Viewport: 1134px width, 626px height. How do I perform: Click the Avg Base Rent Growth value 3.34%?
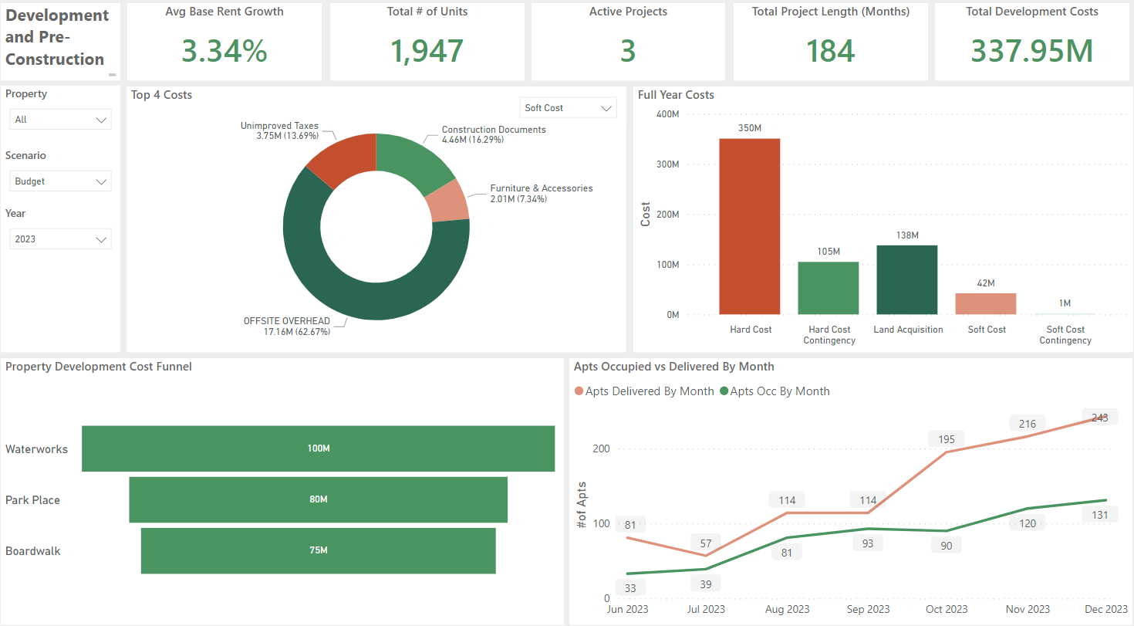click(224, 51)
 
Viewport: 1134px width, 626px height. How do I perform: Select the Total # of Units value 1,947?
click(427, 51)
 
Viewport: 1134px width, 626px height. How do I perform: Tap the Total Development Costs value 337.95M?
click(1031, 51)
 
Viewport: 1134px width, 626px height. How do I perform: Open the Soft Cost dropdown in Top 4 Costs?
click(569, 108)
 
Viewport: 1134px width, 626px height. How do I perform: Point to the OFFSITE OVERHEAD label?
click(287, 321)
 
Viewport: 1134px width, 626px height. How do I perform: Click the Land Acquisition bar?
click(906, 279)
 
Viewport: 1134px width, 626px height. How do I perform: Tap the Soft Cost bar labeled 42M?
click(985, 303)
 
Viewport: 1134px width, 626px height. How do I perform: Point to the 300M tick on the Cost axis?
click(668, 164)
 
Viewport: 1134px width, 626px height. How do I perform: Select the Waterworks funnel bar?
click(318, 448)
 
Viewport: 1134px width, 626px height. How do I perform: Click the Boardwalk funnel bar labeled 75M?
click(318, 550)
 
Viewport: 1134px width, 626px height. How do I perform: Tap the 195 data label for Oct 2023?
click(946, 439)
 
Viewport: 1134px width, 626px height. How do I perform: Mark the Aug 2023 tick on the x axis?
click(788, 609)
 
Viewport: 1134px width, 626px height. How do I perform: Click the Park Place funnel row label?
click(32, 500)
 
